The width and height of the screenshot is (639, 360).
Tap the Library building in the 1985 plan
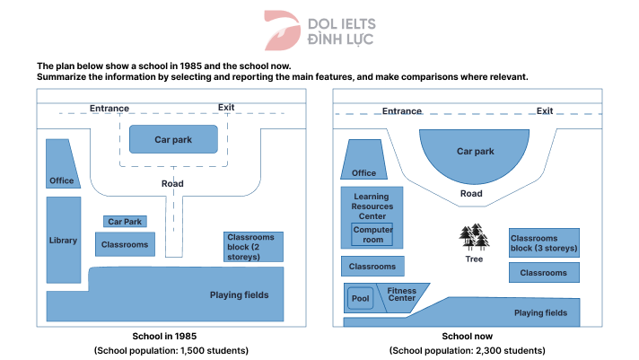tap(63, 240)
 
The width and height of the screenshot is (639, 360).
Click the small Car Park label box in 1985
tap(125, 221)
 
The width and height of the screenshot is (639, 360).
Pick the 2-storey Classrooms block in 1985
tap(254, 247)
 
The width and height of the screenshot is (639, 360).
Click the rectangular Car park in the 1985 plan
tap(173, 140)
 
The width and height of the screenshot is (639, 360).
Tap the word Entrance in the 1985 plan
tap(109, 109)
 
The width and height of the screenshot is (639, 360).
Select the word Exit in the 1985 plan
tap(226, 108)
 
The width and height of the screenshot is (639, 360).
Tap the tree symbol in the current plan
tap(474, 237)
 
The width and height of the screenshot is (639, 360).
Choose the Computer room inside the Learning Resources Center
tap(372, 234)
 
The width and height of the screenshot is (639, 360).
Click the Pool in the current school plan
tap(361, 298)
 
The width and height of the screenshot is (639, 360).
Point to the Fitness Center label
tap(401, 294)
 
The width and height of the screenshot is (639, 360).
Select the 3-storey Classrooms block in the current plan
tap(544, 242)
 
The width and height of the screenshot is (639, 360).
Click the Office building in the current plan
tap(363, 162)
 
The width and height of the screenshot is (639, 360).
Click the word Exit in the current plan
tap(545, 111)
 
